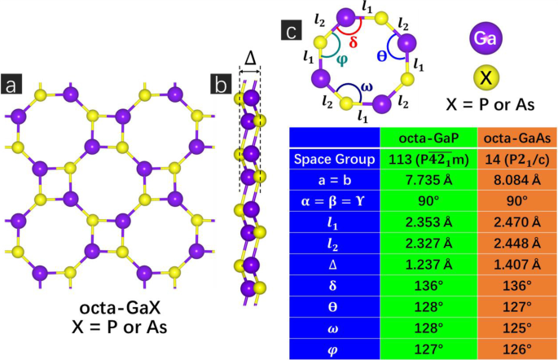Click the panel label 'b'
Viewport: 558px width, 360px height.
(220, 85)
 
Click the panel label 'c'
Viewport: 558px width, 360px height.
(292, 31)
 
